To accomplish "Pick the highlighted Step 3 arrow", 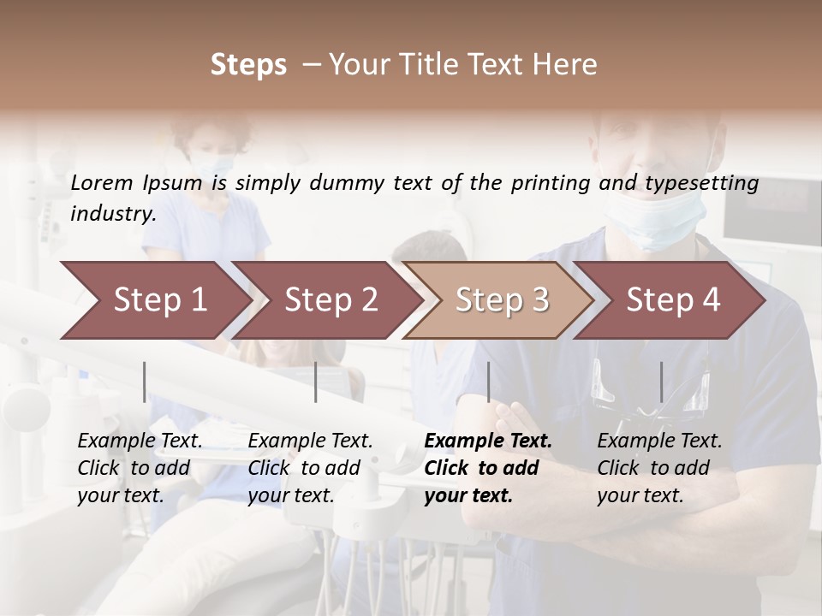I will (502, 300).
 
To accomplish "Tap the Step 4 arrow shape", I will (673, 300).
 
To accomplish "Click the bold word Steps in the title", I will (248, 65).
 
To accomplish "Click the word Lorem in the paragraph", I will (101, 182).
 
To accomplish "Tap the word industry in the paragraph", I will (112, 213).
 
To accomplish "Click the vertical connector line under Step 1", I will (145, 382).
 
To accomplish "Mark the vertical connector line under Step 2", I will (316, 382).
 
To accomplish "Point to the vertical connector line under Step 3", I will (489, 382).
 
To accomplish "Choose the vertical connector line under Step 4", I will (661, 382).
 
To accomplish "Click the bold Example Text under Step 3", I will (488, 441).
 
